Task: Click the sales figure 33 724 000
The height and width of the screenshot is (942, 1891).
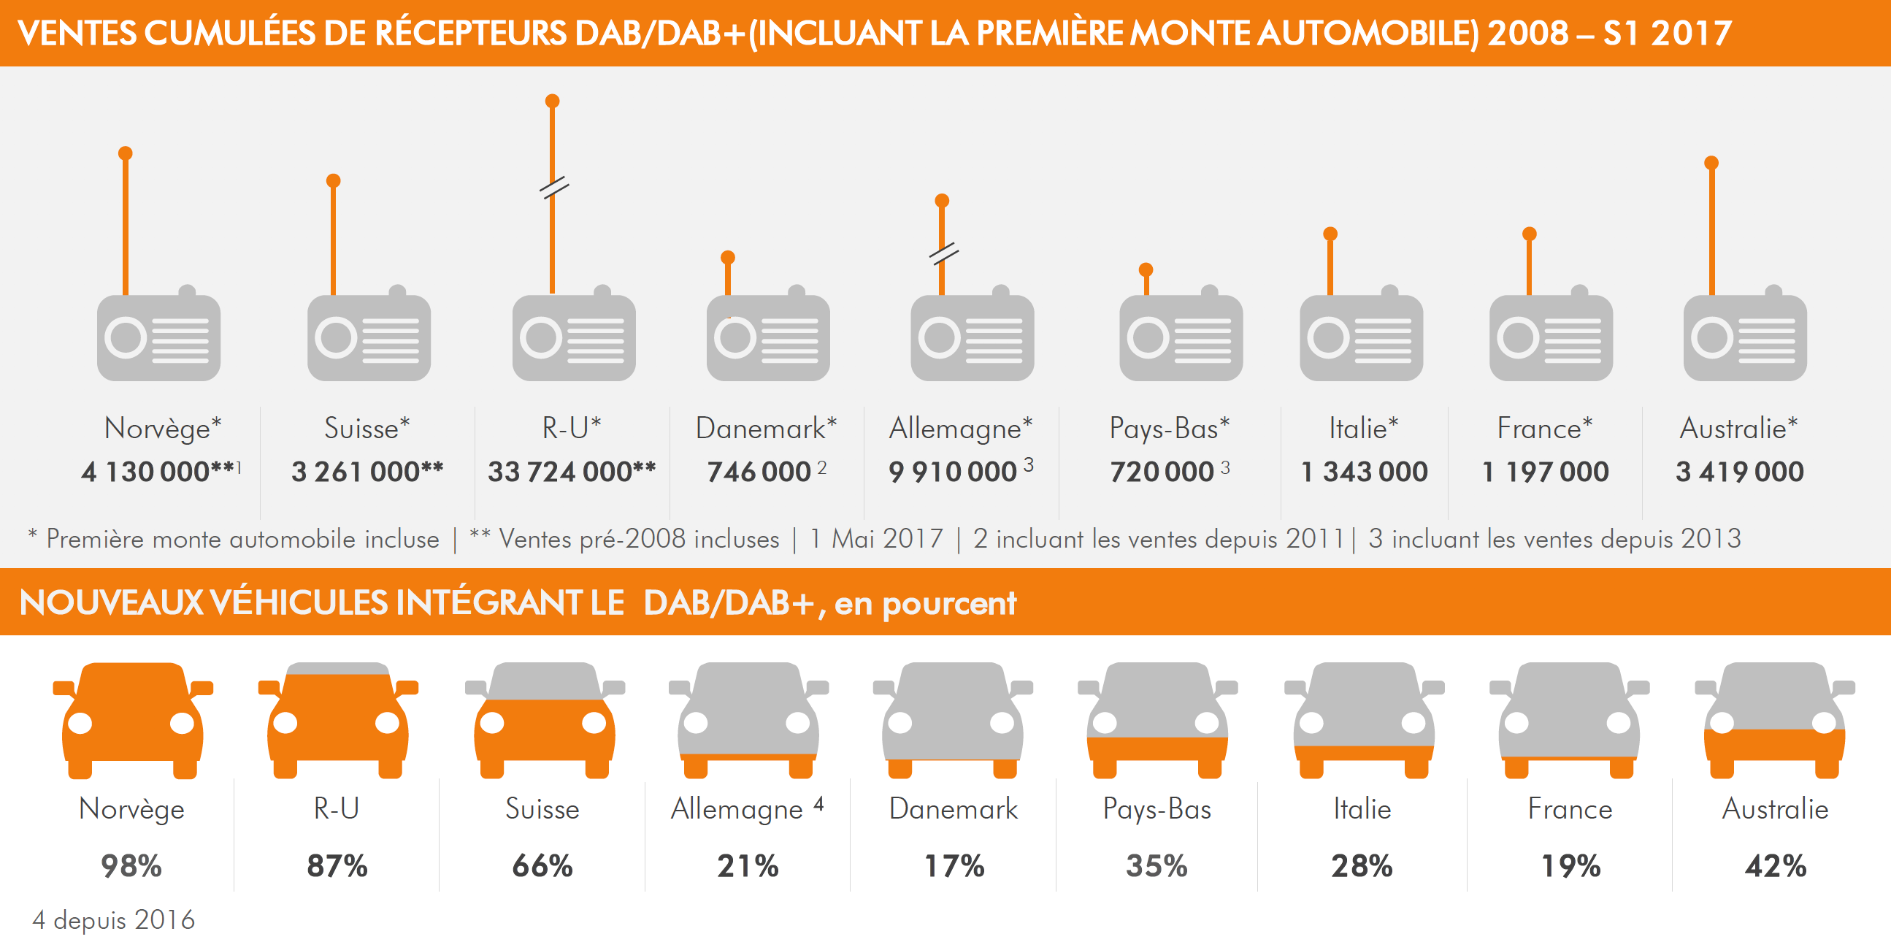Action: [x=571, y=472]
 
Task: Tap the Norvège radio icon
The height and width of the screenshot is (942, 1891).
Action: [x=158, y=337]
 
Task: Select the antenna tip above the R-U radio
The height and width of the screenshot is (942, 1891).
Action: [x=553, y=102]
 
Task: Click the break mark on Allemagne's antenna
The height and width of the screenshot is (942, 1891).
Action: [x=943, y=253]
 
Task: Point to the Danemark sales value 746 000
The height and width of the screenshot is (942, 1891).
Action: [x=759, y=472]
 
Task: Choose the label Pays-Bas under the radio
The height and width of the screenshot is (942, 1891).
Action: [x=1169, y=428]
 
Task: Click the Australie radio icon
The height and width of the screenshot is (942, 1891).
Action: [x=1745, y=337]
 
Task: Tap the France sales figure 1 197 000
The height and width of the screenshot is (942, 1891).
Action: [x=1545, y=472]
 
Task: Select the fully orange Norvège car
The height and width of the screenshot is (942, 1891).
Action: [x=133, y=719]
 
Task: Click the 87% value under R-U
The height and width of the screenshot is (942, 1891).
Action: [x=337, y=865]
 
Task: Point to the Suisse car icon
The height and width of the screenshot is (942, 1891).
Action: [x=544, y=719]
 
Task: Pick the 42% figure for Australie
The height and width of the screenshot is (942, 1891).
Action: [x=1775, y=865]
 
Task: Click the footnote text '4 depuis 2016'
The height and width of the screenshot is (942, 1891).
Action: [x=114, y=919]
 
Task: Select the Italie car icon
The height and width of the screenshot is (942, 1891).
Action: [x=1363, y=719]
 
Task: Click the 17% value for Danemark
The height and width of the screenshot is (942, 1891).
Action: [x=954, y=865]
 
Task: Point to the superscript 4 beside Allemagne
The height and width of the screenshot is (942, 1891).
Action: [x=818, y=804]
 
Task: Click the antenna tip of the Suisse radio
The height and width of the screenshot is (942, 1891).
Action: [x=333, y=180]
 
